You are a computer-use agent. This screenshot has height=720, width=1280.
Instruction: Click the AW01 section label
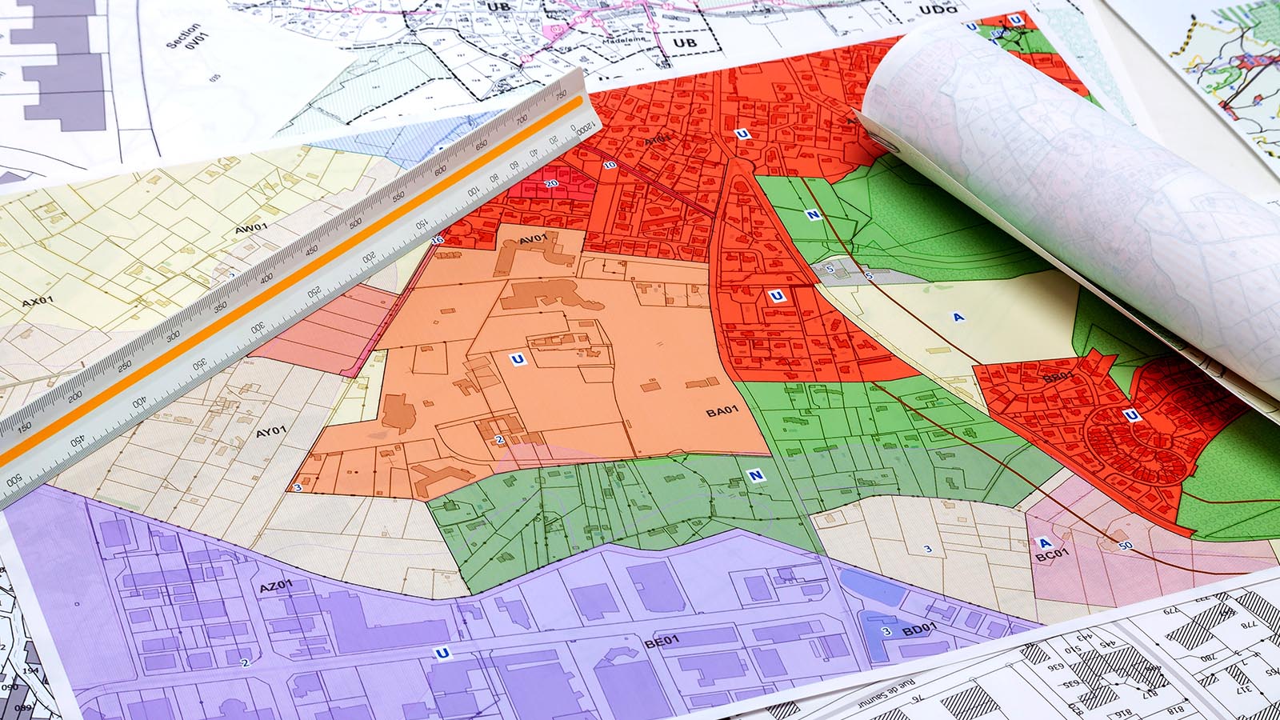point(250,229)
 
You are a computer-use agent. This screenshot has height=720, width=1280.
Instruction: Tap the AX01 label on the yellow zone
point(38,302)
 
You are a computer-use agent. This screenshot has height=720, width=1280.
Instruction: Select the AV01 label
point(533,239)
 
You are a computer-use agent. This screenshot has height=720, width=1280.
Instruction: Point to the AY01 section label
point(271,432)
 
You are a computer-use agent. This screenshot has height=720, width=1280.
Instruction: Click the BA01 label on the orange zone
point(722,411)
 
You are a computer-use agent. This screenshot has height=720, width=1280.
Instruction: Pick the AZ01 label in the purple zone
point(276,587)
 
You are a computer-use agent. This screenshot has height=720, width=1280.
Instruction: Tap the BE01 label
point(662,641)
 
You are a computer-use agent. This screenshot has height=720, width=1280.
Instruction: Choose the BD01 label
point(918,630)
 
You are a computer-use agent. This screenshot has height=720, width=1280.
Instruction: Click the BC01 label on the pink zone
point(1051,554)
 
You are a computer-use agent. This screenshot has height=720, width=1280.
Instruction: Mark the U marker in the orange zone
point(518,359)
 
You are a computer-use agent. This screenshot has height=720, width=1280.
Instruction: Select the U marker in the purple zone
point(442,654)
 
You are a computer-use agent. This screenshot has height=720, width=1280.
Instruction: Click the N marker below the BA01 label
point(756,476)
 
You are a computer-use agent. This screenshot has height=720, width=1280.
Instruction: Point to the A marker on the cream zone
point(958,318)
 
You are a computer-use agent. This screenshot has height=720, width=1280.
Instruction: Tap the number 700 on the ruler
point(522,120)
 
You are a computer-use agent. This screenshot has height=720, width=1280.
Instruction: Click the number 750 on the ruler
point(561,95)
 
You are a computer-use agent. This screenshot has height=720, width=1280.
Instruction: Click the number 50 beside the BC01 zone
point(1126,546)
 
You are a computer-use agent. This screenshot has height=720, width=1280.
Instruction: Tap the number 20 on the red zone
point(551,184)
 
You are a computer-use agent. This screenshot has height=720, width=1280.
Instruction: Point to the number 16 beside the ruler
point(438,240)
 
